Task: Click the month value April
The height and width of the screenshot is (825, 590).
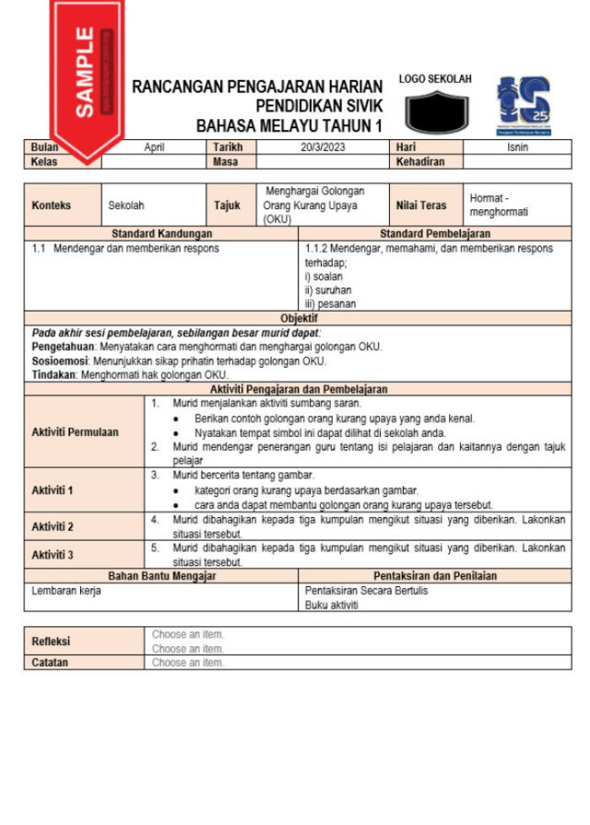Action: [154, 147]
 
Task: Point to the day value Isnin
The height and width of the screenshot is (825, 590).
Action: [517, 147]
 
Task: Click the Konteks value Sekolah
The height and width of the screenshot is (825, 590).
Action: [126, 206]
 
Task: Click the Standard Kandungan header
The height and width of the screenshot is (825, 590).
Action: [161, 234]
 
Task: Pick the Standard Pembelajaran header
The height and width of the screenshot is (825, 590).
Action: [434, 234]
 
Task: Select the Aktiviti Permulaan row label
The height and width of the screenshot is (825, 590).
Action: [75, 432]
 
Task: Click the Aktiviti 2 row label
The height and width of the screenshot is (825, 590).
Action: [53, 527]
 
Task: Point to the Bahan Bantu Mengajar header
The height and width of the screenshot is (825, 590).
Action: [161, 576]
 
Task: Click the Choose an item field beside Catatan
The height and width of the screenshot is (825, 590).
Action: [188, 663]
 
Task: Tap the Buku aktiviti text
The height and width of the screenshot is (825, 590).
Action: [332, 606]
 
